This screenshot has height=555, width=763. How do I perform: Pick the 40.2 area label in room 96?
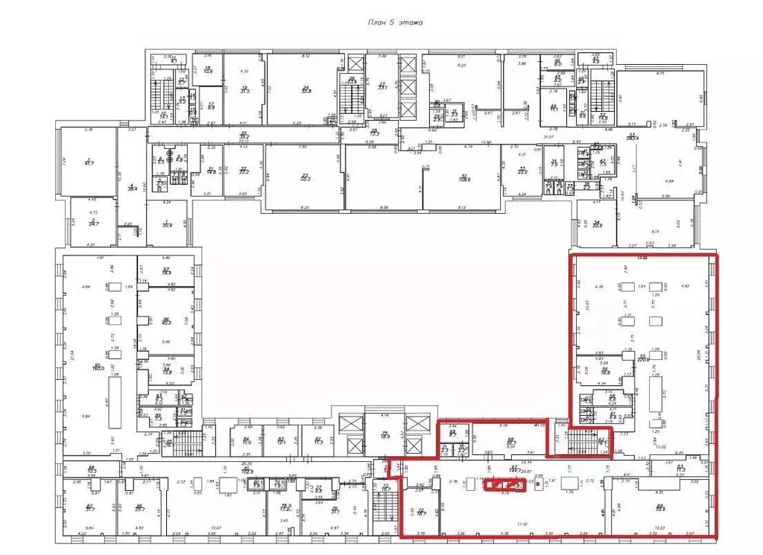click(167, 323)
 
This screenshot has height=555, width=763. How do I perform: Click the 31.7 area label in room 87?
click(90, 508)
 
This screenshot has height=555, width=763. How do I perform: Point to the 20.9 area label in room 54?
click(597, 225)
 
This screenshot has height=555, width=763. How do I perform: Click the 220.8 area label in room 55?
click(643, 358)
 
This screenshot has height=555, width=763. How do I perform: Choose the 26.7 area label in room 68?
click(510, 443)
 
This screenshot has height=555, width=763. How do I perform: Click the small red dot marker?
click(537, 483)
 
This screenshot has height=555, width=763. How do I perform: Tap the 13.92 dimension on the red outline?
click(642, 257)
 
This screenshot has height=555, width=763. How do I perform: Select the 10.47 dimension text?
click(218, 527)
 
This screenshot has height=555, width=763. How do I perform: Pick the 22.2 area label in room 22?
click(243, 171)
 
